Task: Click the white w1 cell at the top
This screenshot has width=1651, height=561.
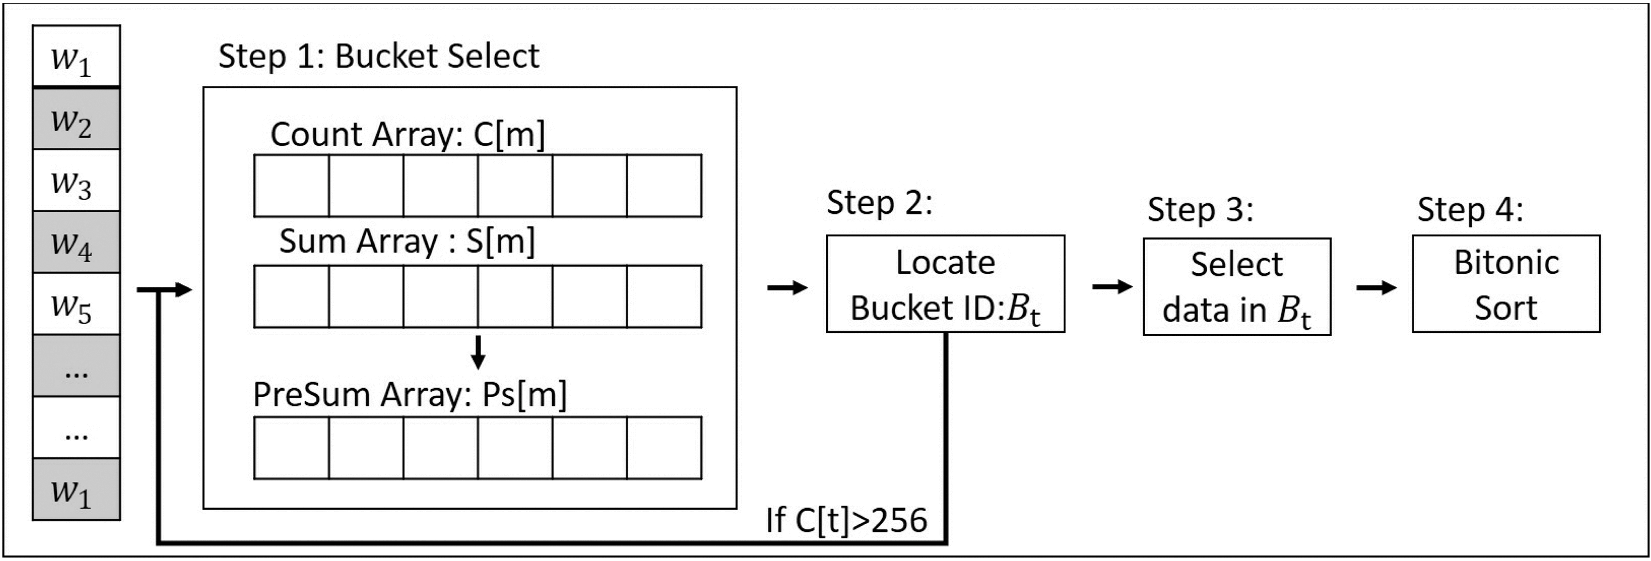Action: click(76, 56)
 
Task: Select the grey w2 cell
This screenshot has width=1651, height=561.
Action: click(76, 119)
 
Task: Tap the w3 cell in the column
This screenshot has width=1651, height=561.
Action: click(76, 181)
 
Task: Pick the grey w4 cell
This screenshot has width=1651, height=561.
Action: click(76, 242)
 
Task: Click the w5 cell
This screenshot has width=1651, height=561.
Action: click(76, 304)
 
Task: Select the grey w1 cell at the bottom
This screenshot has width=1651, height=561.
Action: click(76, 489)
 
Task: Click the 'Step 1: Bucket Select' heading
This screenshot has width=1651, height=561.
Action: click(379, 56)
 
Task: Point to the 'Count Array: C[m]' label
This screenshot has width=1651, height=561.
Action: click(407, 135)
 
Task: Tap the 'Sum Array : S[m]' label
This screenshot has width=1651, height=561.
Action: click(407, 242)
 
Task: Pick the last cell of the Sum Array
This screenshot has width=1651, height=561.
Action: click(664, 296)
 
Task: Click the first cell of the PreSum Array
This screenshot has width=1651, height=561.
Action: click(292, 448)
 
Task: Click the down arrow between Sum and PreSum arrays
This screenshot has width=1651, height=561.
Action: click(478, 352)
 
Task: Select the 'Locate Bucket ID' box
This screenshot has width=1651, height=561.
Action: click(945, 284)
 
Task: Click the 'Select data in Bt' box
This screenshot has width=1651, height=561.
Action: click(1236, 287)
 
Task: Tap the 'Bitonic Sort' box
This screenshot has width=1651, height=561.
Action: click(1506, 284)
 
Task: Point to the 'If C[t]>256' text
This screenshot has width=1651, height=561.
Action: click(846, 520)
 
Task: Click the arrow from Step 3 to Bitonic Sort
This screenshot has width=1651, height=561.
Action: click(1375, 287)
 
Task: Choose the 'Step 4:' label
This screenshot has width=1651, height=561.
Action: click(1470, 210)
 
